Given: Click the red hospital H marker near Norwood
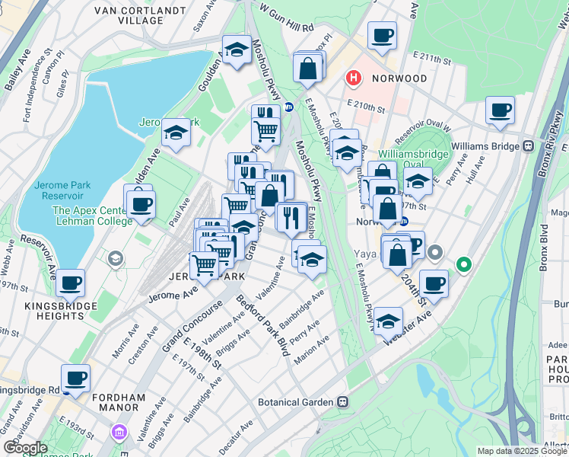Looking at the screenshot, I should pyautogui.click(x=353, y=78).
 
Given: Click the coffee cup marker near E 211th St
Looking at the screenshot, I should pyautogui.click(x=382, y=34).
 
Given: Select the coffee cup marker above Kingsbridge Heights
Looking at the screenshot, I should pyautogui.click(x=70, y=283).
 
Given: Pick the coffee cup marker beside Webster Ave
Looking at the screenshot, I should pyautogui.click(x=434, y=283).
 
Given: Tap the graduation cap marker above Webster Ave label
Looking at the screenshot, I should pyautogui.click(x=388, y=321).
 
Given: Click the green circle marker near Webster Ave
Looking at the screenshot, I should pyautogui.click(x=463, y=265).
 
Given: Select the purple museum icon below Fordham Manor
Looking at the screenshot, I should pyautogui.click(x=118, y=433).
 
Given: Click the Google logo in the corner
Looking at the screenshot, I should pyautogui.click(x=24, y=447).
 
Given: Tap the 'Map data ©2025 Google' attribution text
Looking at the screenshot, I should pyautogui.click(x=523, y=451).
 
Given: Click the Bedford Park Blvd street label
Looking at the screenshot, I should pyautogui.click(x=260, y=320).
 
